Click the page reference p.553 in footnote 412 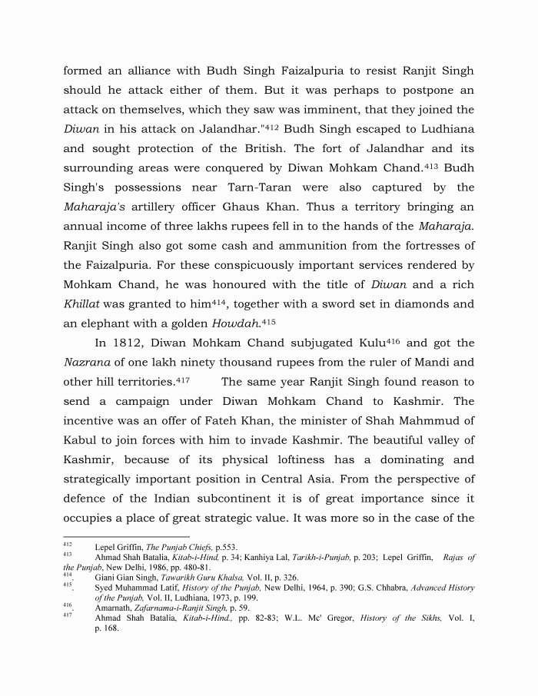coord(211,547)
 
